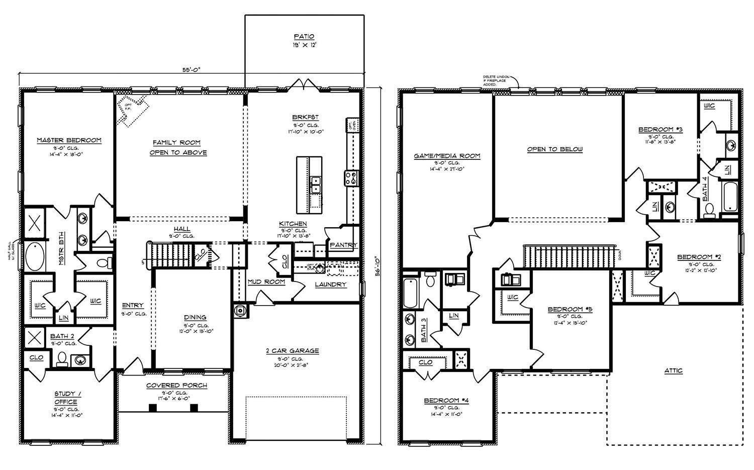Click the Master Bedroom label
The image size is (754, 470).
(69, 140)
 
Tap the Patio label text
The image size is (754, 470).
(304, 37)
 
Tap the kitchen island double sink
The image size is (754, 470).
(316, 184)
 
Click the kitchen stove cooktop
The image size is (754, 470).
(350, 177)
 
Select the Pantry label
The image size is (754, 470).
(343, 245)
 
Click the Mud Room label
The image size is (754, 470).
(266, 282)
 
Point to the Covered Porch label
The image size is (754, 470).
(176, 386)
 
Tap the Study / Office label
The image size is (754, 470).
(66, 398)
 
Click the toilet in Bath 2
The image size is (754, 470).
(62, 358)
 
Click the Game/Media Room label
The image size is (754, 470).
(447, 156)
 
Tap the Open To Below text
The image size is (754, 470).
(555, 149)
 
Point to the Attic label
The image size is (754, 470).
(673, 370)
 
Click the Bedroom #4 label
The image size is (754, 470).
(446, 401)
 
